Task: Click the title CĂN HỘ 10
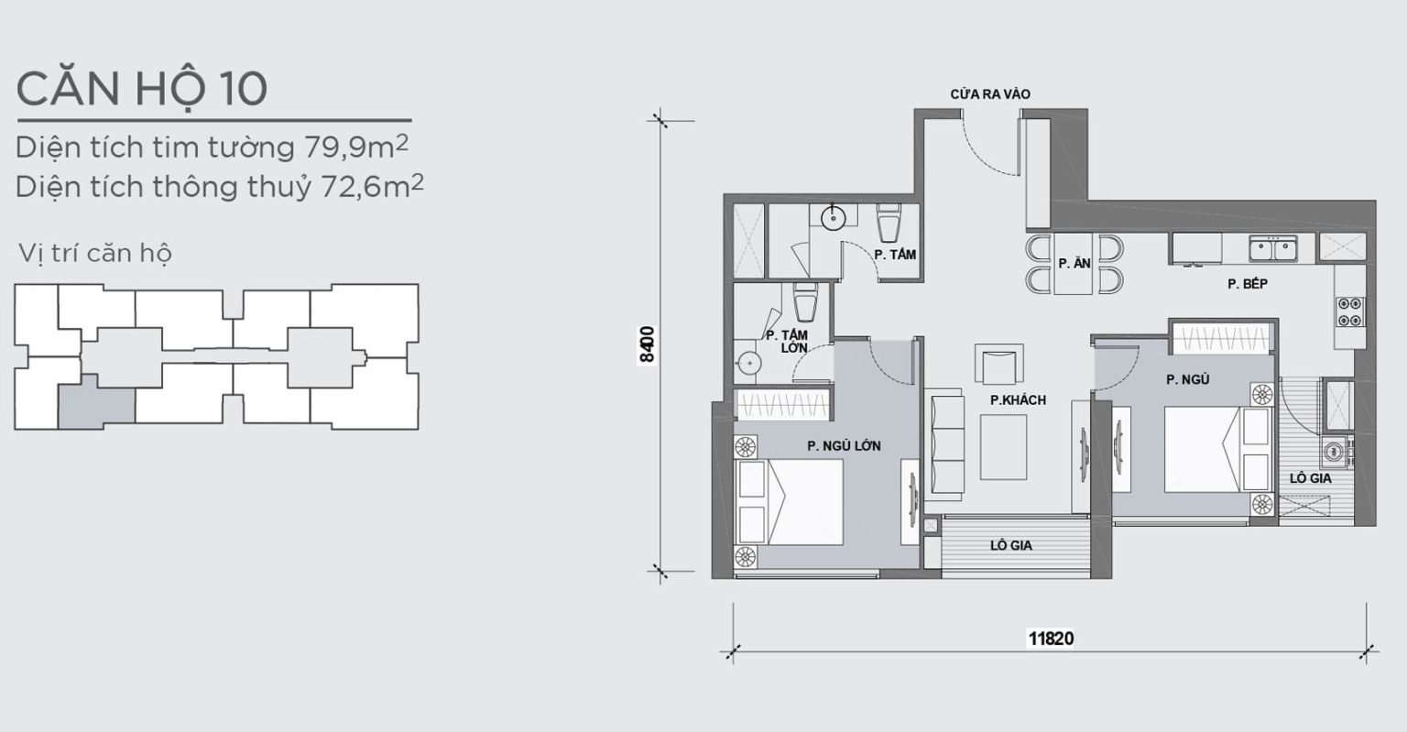142,89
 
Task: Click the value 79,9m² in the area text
356,147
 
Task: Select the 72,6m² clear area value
373,187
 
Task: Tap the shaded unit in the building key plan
96,402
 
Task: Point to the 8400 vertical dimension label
647,344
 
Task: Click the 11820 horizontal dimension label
1051,639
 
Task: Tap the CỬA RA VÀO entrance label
990,94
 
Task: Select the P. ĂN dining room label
1074,264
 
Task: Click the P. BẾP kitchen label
1248,284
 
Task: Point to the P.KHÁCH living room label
1019,400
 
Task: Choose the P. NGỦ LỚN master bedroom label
844,446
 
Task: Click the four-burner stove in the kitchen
1350,311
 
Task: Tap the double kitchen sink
1273,249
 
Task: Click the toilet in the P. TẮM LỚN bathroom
805,302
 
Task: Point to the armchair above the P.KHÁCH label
998,364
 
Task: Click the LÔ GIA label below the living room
1011,545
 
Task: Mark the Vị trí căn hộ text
95,253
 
